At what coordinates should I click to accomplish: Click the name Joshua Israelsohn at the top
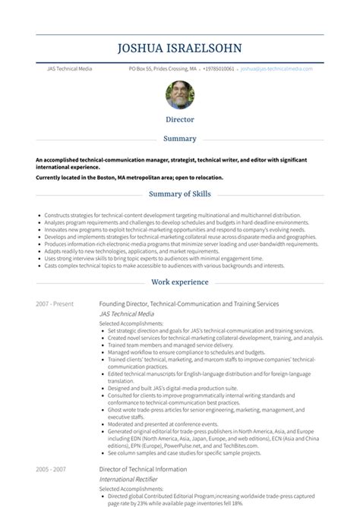180,49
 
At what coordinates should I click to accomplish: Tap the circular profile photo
180,94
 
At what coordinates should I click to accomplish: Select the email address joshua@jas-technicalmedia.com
276,68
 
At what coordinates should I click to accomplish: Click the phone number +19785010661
217,68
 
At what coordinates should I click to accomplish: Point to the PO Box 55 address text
162,68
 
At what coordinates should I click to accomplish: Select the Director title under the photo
180,119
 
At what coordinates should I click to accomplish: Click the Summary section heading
180,139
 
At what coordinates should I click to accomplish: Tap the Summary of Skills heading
180,195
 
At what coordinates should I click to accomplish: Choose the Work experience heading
180,282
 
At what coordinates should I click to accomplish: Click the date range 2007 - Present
54,304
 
